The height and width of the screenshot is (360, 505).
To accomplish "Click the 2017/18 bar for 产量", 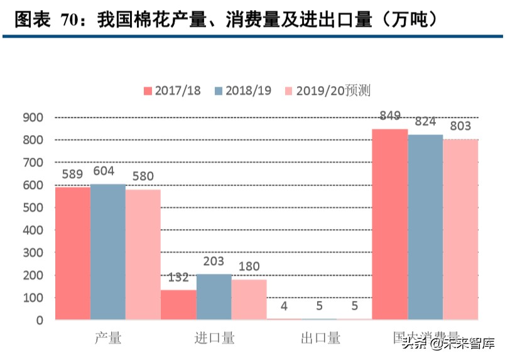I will tap(73, 253).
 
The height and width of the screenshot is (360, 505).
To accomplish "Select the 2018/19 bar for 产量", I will tap(108, 251).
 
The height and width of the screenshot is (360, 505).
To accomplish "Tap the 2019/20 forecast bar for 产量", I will tap(143, 254).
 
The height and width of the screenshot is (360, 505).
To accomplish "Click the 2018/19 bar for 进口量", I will tap(214, 297).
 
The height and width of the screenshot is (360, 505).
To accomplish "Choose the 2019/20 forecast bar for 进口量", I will tap(249, 300).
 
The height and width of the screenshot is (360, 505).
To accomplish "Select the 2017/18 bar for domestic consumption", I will tap(390, 224).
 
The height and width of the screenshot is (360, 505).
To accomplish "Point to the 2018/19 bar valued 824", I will tap(425, 227).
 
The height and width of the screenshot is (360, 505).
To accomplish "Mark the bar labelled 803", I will tap(460, 229).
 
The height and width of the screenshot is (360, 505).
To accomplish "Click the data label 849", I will tap(390, 116).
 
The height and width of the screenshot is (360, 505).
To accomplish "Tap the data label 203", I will tap(214, 261).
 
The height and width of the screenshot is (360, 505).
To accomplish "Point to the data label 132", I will tap(178, 277).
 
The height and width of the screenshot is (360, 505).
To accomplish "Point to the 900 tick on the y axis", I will tap(33, 117).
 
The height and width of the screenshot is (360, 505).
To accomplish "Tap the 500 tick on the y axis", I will tap(33, 207).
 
